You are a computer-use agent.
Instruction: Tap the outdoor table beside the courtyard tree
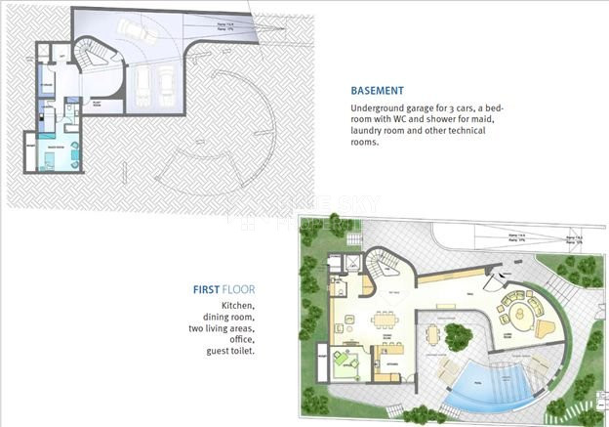pyautogui.click(x=436, y=335)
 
